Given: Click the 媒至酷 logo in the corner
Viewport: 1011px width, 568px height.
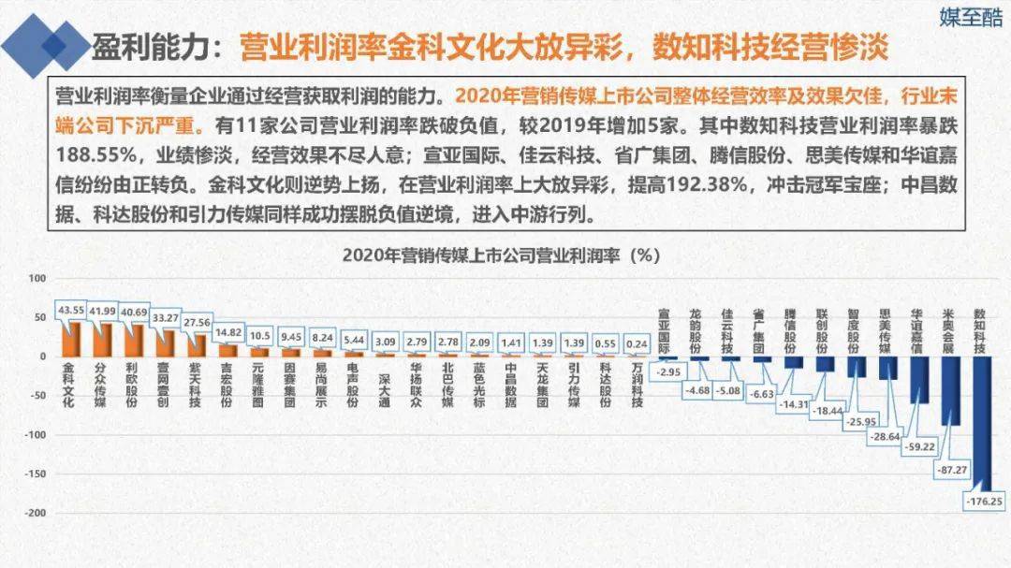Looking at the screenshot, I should [x=971, y=17].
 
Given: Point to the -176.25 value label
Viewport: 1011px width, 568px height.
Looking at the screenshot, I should [x=982, y=502].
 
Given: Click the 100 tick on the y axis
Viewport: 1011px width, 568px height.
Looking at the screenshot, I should [x=37, y=278].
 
